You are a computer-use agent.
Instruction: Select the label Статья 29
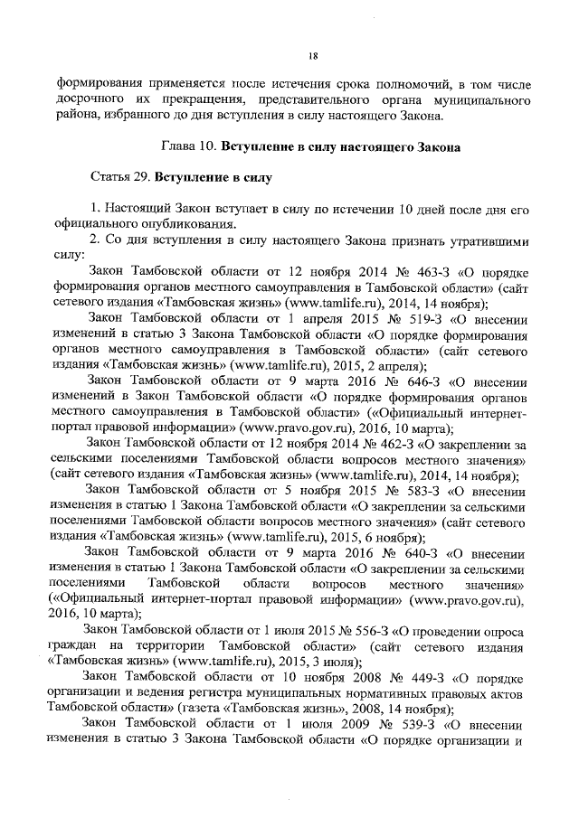coord(122,174)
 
